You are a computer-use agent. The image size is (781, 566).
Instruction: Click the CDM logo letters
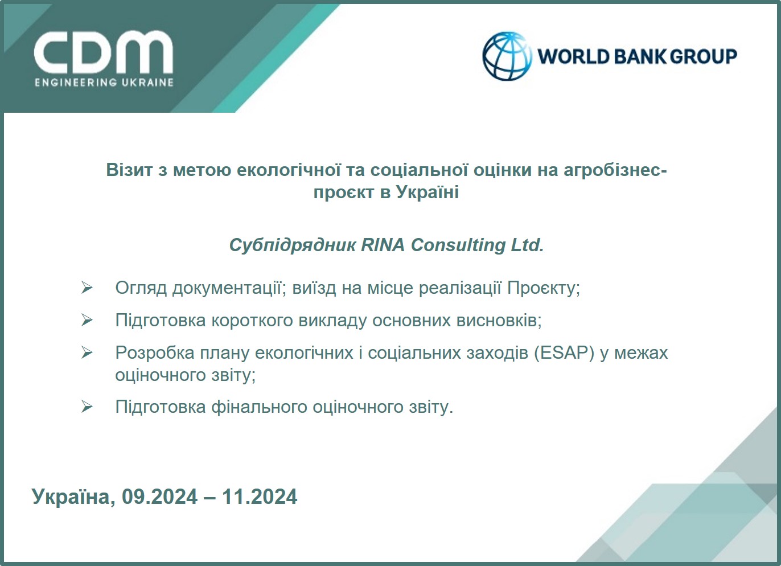pos(103,52)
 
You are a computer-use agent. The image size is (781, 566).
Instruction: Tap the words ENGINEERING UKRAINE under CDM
pos(104,83)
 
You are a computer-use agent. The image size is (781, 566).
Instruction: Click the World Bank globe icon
pos(506,56)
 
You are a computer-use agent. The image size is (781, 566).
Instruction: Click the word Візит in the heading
pos(129,170)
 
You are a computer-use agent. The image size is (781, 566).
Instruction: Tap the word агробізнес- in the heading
pos(615,170)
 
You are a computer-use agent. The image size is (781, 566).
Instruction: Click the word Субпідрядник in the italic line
pos(293,245)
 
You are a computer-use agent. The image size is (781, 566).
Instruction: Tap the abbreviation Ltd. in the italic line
pos(527,245)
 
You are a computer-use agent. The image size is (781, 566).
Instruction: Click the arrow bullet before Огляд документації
pos(87,288)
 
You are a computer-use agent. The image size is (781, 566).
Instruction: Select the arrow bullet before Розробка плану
pos(87,352)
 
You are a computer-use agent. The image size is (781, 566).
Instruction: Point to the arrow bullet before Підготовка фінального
pos(87,407)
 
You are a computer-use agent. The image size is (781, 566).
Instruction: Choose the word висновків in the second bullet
pos(499,320)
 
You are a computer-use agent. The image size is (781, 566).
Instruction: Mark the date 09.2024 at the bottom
pos(160,497)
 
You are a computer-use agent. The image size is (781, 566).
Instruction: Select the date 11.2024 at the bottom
pos(260,497)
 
